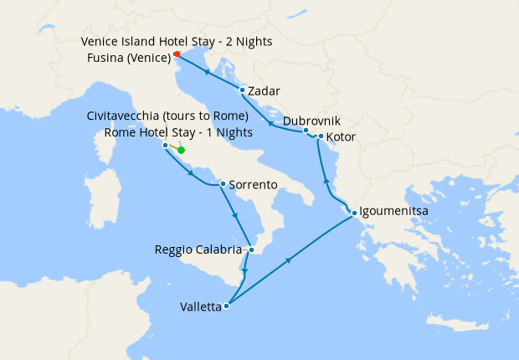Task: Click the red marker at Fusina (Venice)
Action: (x=177, y=55)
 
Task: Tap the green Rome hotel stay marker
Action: (x=181, y=152)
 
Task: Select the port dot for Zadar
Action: (x=242, y=90)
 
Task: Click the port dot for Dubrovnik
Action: (x=306, y=130)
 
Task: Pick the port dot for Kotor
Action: (x=321, y=136)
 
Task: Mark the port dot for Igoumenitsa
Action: (x=355, y=212)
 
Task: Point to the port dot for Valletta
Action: (x=227, y=306)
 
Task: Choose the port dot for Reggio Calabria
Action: (x=251, y=249)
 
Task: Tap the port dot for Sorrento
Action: (x=222, y=184)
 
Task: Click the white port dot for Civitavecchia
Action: (x=165, y=145)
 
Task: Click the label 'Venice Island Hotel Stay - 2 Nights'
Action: (x=177, y=41)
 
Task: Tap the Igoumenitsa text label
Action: (x=395, y=212)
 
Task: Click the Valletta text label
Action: (x=200, y=307)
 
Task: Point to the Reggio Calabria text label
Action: (x=200, y=249)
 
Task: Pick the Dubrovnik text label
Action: (x=311, y=121)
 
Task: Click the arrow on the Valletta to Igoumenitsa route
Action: (x=289, y=260)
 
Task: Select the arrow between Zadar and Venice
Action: (x=205, y=72)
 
